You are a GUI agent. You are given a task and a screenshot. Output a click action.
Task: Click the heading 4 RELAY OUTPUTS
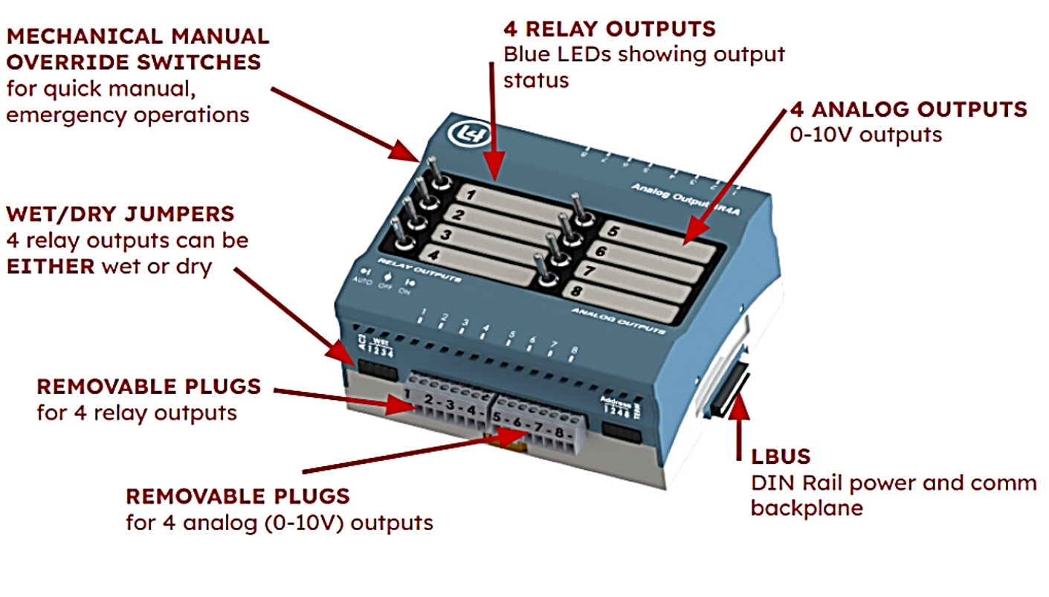609,30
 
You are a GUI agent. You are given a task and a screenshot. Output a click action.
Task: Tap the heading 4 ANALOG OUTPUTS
908,110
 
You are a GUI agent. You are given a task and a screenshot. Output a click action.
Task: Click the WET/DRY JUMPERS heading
120,214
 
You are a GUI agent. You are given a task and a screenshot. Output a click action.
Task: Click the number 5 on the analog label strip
614,231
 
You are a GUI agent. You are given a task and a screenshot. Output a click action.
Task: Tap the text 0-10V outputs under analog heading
865,135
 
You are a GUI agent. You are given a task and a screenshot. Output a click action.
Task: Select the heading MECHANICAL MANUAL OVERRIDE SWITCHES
138,48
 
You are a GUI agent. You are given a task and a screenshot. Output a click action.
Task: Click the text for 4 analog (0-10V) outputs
279,522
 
